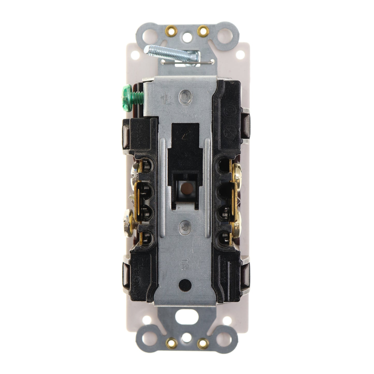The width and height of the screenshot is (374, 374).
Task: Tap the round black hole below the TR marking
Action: (186, 284)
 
